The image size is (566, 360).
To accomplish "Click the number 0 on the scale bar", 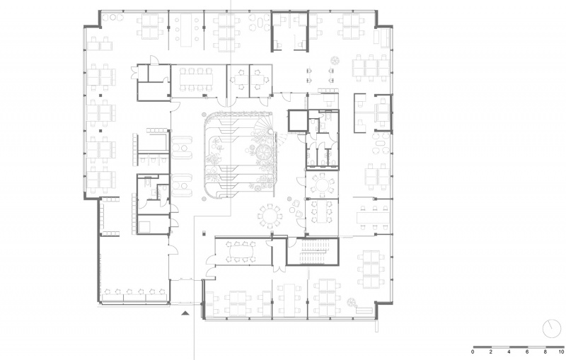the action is (x=473, y=352).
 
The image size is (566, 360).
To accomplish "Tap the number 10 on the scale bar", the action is (x=560, y=352).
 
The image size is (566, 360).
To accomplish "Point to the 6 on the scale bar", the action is (x=527, y=352).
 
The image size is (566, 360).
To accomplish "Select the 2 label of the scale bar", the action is (x=491, y=352).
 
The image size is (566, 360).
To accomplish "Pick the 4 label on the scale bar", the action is (x=509, y=352).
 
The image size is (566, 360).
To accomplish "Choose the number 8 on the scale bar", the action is (x=545, y=352).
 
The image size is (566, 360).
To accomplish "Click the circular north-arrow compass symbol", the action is (x=552, y=329).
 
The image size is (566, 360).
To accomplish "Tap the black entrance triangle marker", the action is (x=185, y=313).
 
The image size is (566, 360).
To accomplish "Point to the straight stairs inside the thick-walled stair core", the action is (x=315, y=251).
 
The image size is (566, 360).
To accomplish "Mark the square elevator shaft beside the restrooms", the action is (x=297, y=121).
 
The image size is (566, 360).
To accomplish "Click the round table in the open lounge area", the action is (x=270, y=216).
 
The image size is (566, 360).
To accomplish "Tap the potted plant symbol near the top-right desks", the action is (x=335, y=60).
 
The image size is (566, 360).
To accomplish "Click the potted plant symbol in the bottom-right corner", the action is (x=352, y=303).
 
